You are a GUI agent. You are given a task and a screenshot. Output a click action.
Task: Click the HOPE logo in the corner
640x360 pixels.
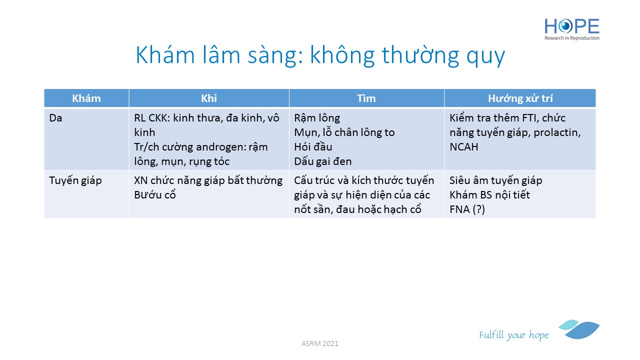(571, 29)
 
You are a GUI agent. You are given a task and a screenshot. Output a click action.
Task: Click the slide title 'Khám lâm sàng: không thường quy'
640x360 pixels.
(320, 55)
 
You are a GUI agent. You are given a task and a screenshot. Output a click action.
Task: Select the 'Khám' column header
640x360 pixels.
(86, 98)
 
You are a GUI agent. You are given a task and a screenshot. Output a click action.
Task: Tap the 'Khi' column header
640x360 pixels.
(209, 98)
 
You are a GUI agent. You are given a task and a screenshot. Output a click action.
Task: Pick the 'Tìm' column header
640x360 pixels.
(366, 98)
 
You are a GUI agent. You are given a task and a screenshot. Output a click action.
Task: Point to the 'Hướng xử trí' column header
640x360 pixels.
(520, 98)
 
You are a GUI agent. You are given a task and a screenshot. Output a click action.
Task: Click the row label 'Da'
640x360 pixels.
(55, 118)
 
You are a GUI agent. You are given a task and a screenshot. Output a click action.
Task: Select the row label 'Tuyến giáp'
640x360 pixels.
(75, 181)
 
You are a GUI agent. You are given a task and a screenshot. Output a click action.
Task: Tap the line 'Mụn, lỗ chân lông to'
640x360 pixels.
(344, 132)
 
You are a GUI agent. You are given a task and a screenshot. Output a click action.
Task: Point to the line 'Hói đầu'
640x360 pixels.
(313, 147)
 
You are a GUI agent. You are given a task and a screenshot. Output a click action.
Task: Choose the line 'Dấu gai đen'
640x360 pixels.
(323, 161)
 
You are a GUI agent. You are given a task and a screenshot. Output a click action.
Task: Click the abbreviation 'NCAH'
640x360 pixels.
(463, 147)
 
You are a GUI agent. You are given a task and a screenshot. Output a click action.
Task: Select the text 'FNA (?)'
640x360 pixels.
(467, 209)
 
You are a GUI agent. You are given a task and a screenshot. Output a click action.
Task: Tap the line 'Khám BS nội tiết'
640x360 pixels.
(489, 195)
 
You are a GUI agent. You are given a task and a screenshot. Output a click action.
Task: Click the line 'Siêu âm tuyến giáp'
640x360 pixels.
(495, 180)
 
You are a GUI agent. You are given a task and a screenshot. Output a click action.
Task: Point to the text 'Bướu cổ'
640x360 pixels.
(155, 195)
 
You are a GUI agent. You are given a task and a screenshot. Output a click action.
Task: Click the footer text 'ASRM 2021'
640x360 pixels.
(319, 343)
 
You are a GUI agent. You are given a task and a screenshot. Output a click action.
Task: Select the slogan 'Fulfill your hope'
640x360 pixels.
(513, 335)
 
